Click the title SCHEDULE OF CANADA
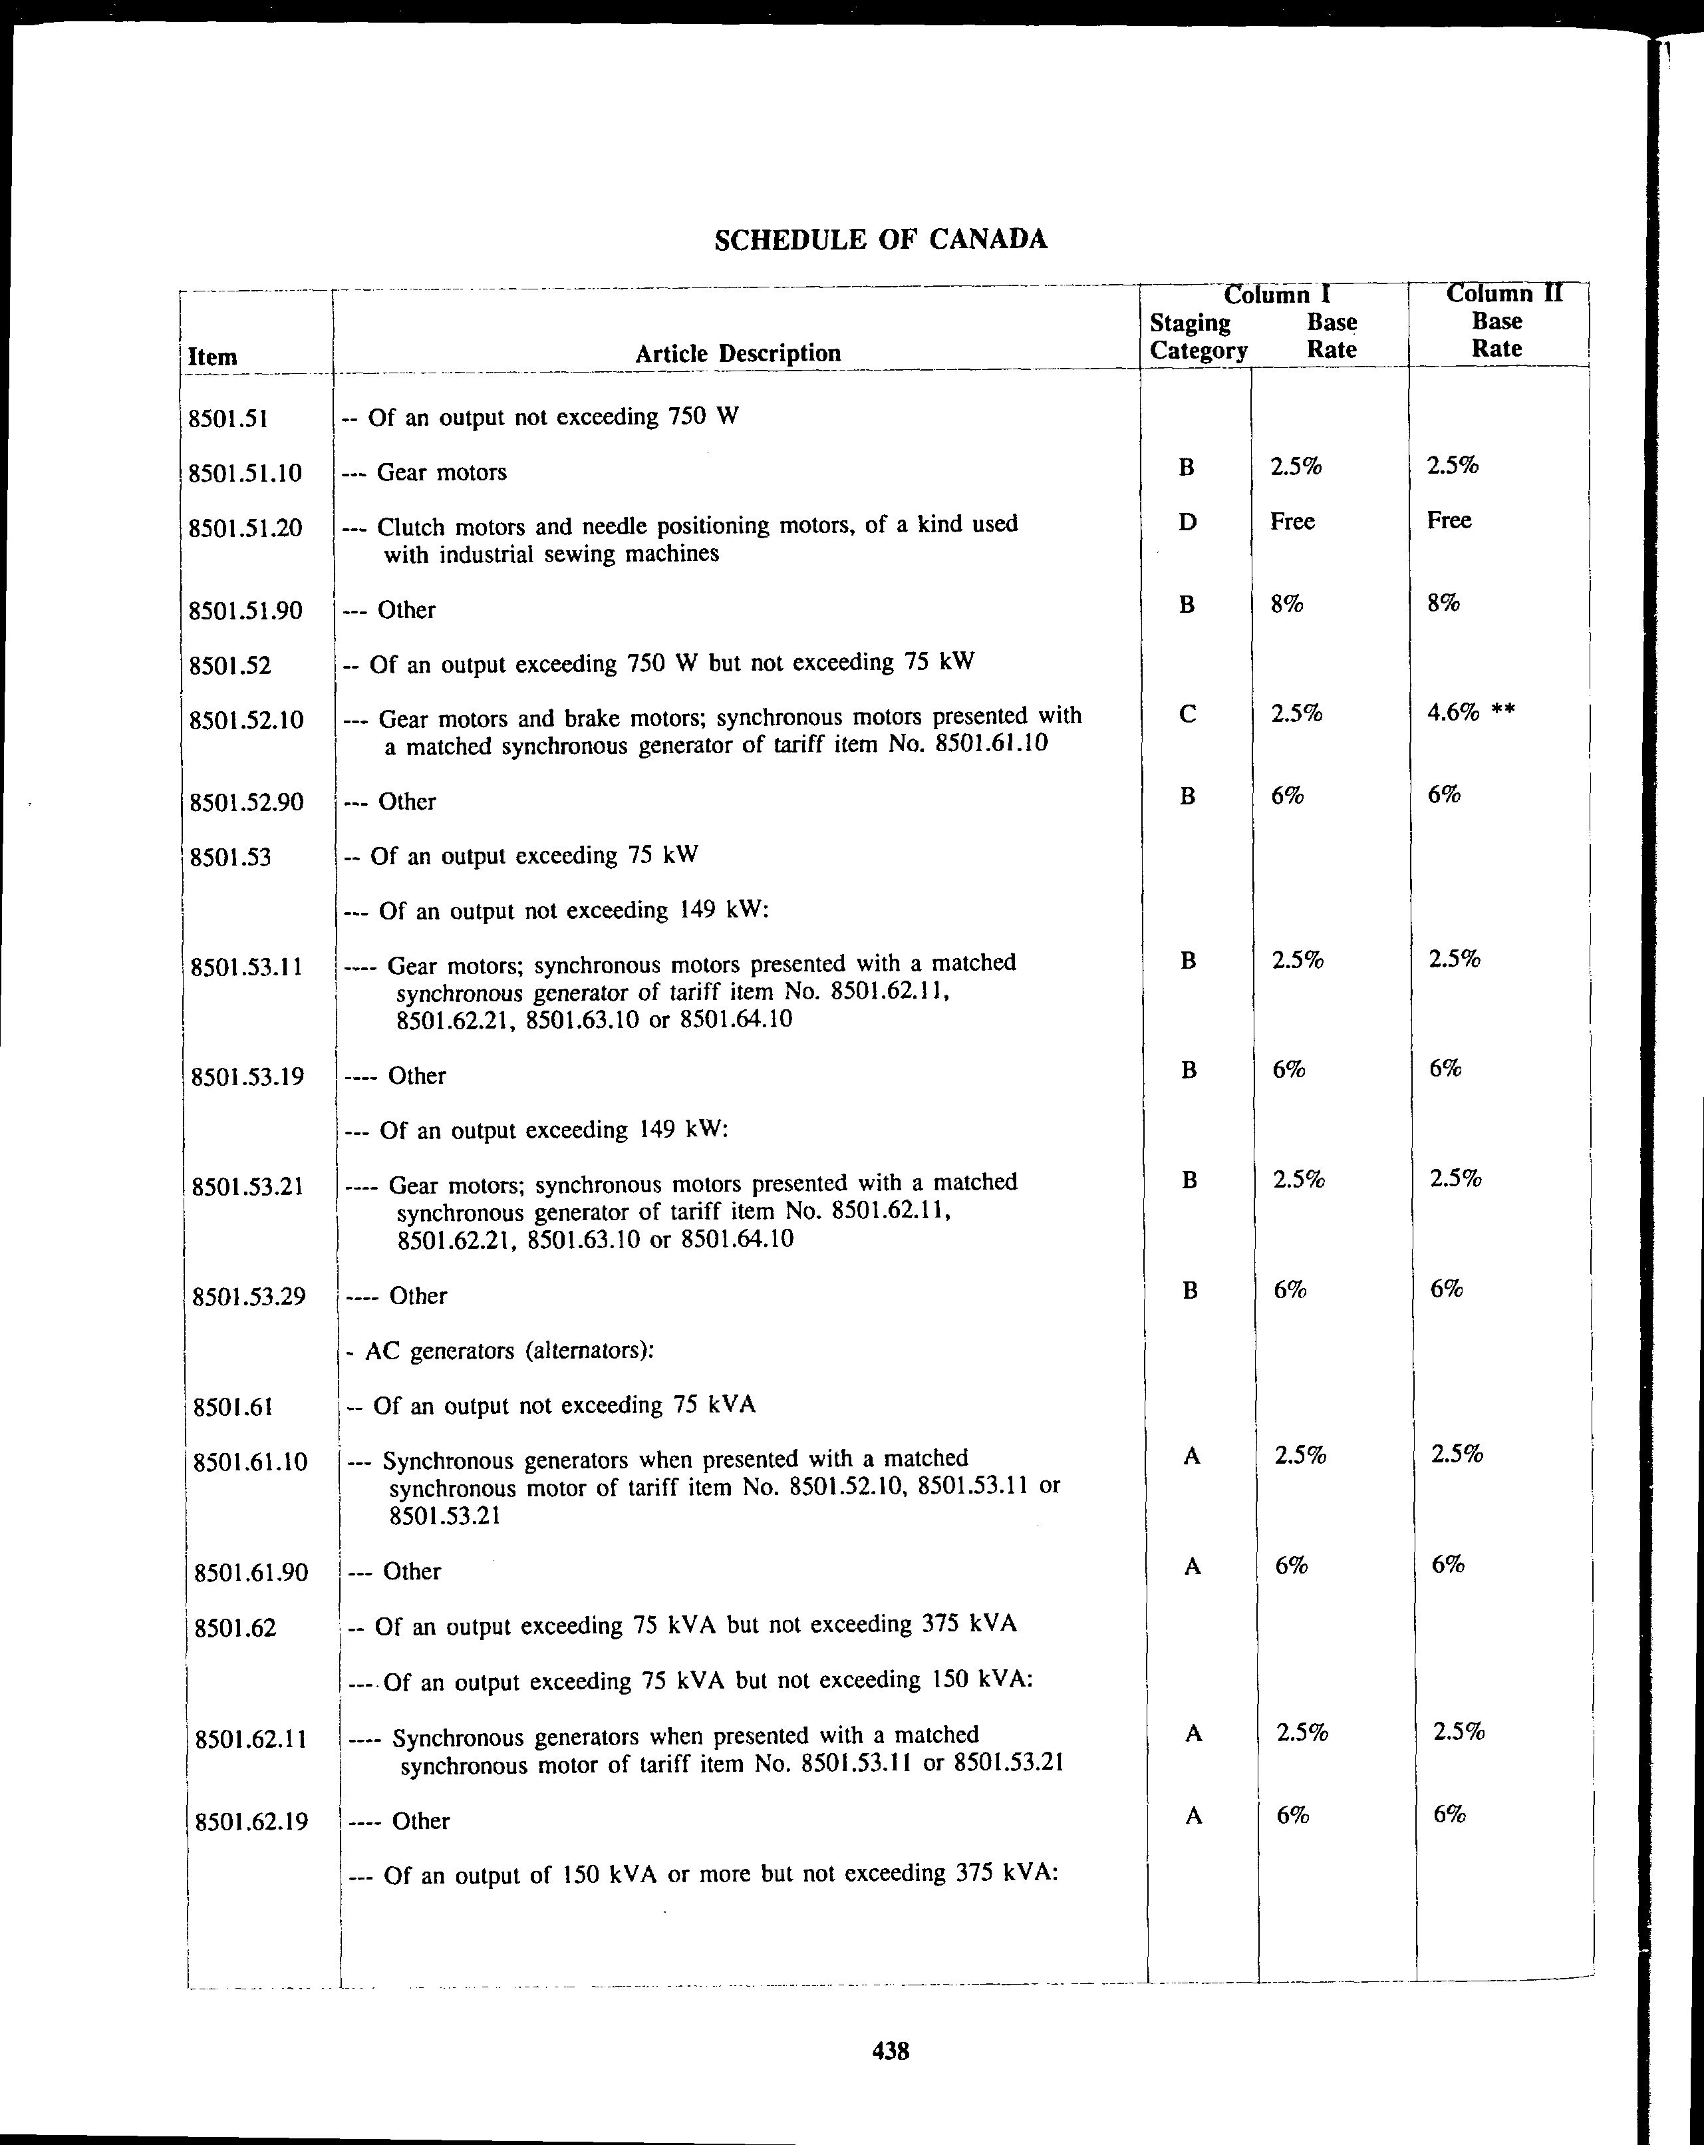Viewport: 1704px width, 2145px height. click(x=881, y=240)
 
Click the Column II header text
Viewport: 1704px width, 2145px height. click(x=1504, y=293)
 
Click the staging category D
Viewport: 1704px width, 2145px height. click(x=1187, y=522)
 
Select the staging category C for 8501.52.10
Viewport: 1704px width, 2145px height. click(x=1187, y=713)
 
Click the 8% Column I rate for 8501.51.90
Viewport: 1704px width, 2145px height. click(x=1286, y=603)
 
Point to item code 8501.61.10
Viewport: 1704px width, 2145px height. click(x=251, y=1462)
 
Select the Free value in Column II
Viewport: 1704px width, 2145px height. click(x=1449, y=520)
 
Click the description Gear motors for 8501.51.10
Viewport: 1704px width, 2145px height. click(x=441, y=472)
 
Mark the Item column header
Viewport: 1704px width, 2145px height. click(x=212, y=357)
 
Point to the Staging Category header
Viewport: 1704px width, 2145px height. click(x=1198, y=336)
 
